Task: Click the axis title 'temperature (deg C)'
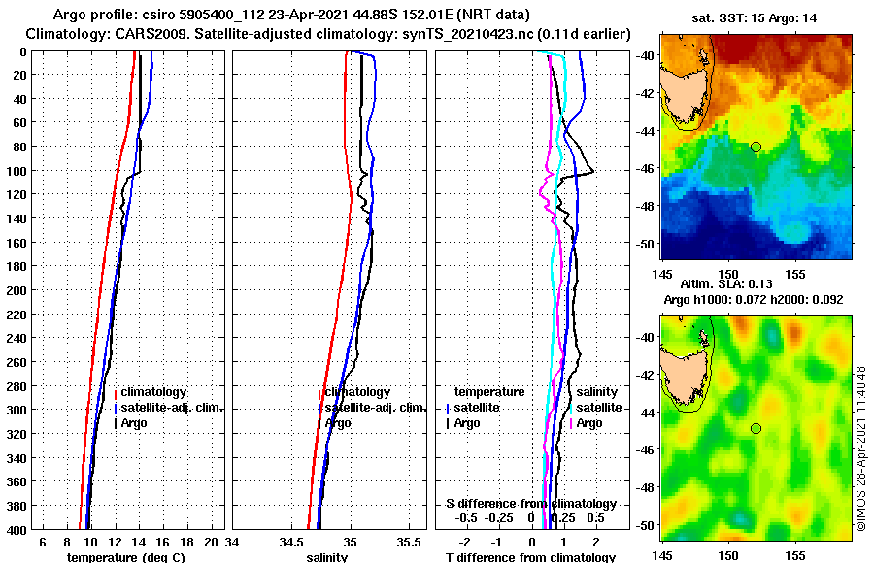(125, 557)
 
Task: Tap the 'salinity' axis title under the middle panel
(328, 557)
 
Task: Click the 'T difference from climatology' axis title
(530, 557)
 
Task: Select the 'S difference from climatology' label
(530, 504)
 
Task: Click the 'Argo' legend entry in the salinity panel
(338, 423)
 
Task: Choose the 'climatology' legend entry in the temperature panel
(153, 392)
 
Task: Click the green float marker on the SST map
(756, 147)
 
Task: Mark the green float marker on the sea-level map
(756, 428)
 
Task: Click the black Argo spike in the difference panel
(589, 172)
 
